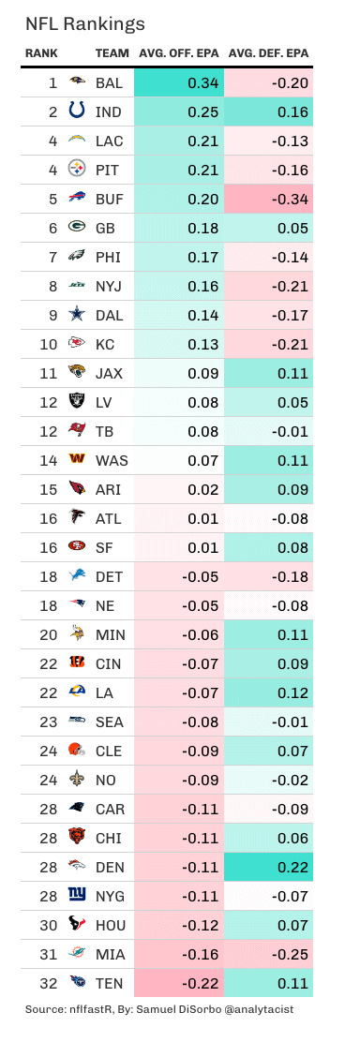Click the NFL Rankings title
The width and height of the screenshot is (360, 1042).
click(84, 22)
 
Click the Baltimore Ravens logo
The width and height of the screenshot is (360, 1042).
click(77, 83)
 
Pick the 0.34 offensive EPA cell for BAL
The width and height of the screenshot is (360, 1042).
click(178, 83)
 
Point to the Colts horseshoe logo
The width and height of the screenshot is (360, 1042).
click(77, 112)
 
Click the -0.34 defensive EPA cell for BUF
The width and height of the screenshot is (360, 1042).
click(268, 198)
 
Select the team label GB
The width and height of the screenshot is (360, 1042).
click(106, 227)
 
